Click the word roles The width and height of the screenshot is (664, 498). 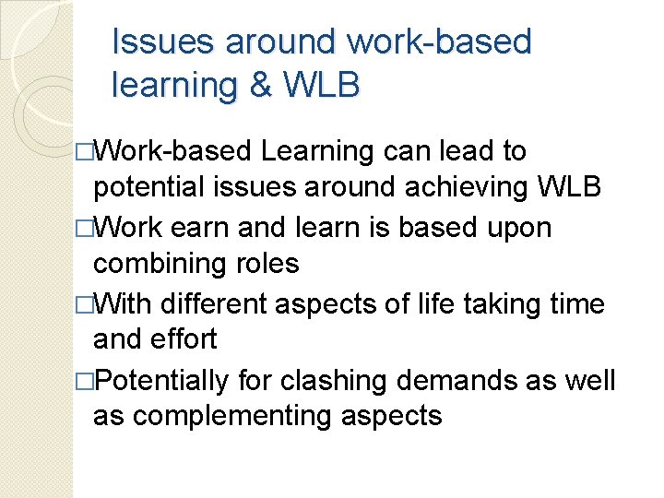[267, 264]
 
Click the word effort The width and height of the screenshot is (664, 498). [184, 339]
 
